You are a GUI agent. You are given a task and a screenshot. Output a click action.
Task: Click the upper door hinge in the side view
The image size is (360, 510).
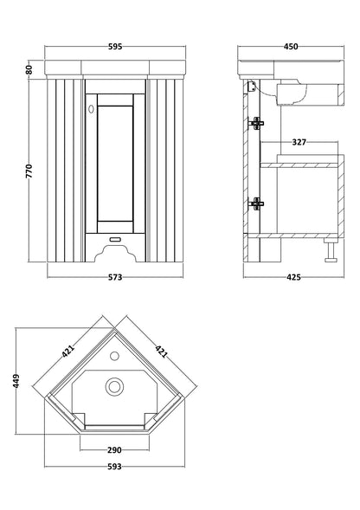point(255,123)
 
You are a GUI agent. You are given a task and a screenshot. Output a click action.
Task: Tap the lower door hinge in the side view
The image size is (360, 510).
point(255,204)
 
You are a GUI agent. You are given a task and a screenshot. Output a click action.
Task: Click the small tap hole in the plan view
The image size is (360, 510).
point(115,355)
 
